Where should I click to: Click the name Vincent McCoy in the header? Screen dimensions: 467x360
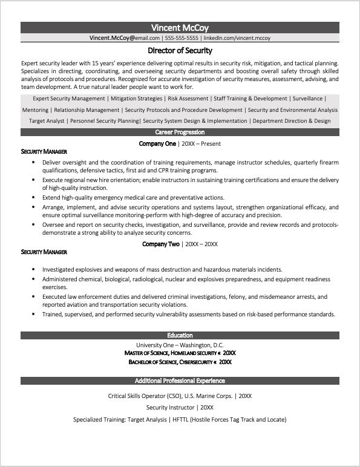(x=180, y=27)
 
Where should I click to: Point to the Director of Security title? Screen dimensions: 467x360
(x=180, y=51)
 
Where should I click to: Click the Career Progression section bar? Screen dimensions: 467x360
(x=180, y=132)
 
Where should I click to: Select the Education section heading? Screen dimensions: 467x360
(x=180, y=335)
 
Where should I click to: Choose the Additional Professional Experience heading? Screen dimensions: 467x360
(x=180, y=381)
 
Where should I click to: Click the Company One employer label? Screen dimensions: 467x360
(x=157, y=143)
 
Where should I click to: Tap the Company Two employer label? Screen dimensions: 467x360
(x=160, y=244)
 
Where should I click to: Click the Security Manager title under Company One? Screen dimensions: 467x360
(x=44, y=151)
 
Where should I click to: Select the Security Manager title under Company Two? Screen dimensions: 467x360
(x=44, y=252)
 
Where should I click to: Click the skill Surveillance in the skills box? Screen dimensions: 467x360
(x=307, y=99)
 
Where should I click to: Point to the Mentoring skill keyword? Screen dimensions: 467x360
(x=35, y=110)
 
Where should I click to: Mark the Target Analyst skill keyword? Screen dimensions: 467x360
(x=47, y=121)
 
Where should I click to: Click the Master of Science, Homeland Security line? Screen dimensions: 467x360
(x=180, y=352)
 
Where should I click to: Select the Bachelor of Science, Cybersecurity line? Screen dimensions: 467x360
(x=180, y=361)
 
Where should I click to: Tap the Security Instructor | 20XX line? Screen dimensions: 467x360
(x=180, y=408)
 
